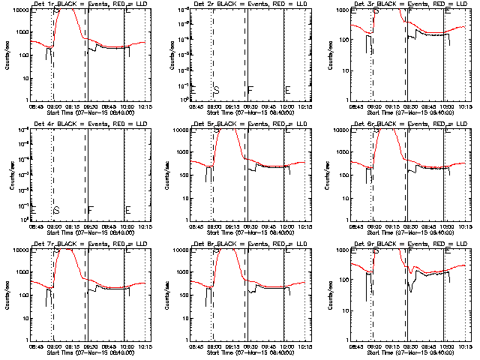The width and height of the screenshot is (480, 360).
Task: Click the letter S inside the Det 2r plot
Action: tap(217, 90)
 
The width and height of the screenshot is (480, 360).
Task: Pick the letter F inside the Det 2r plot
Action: tap(250, 90)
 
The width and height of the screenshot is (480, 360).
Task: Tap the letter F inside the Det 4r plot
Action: tap(90, 210)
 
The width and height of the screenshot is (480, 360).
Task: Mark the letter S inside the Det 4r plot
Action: tap(56, 210)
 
